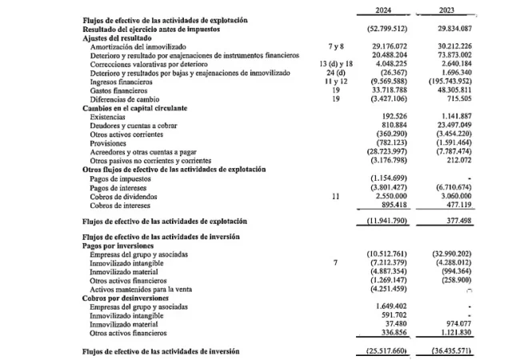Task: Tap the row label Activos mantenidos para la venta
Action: (x=146, y=290)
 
